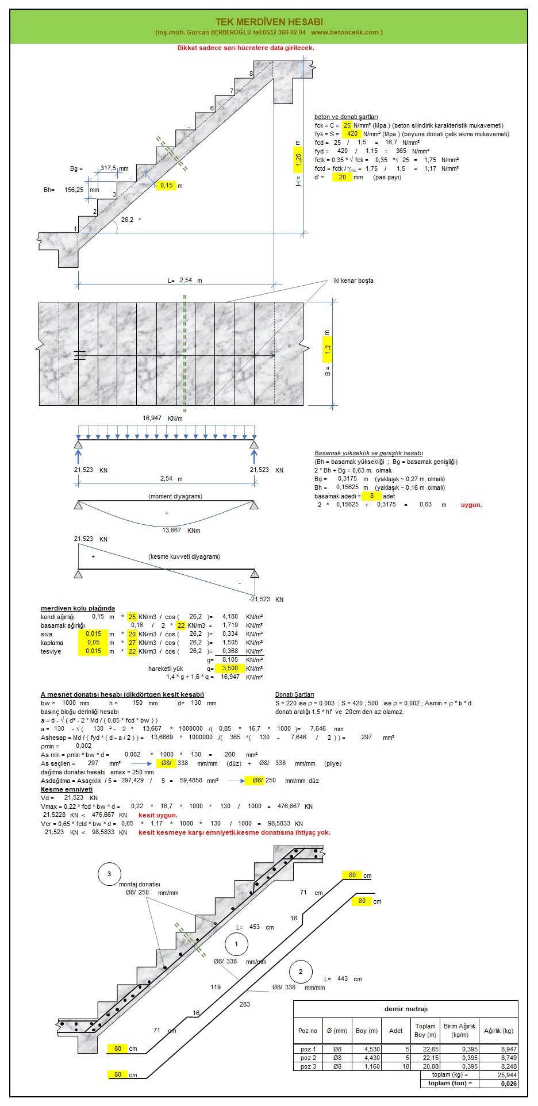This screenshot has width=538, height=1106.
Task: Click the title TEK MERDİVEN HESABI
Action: click(268, 22)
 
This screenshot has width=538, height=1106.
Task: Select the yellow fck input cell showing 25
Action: click(347, 125)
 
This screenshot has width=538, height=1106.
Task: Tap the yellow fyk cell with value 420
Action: click(352, 134)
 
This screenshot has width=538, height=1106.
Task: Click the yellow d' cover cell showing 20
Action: click(343, 178)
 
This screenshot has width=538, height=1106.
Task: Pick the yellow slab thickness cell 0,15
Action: click(167, 186)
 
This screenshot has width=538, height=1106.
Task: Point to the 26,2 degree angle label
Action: click(128, 220)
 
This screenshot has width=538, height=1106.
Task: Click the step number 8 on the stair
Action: click(251, 74)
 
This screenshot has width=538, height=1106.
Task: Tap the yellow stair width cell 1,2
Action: click(328, 348)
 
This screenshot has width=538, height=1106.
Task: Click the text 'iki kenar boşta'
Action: click(353, 281)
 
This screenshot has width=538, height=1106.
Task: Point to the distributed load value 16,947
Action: click(152, 418)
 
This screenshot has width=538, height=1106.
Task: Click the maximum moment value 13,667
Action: click(172, 530)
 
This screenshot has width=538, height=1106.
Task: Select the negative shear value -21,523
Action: click(259, 599)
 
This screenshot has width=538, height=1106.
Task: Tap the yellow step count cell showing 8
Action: click(372, 496)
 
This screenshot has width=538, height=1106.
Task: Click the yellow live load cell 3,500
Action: click(230, 669)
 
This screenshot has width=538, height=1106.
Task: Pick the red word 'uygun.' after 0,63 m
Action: click(471, 505)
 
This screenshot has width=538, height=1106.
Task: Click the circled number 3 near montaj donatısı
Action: click(109, 874)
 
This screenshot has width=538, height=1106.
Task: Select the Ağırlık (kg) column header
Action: click(498, 1031)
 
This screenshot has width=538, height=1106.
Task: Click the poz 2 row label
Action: click(308, 1058)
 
